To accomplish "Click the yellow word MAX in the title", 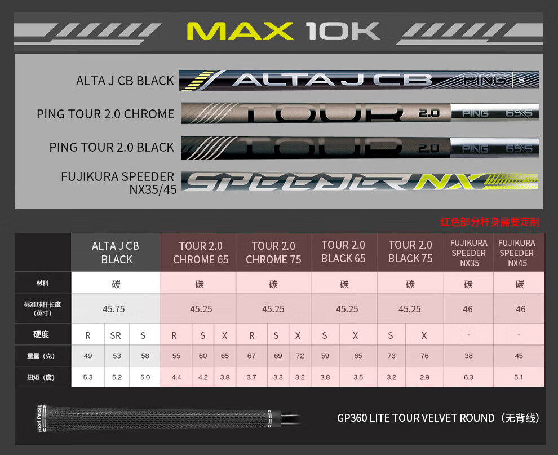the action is [x=240, y=32].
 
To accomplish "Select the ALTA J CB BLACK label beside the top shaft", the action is [x=125, y=81].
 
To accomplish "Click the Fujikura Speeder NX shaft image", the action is [x=360, y=182].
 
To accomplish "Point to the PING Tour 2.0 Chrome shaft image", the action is [x=360, y=113].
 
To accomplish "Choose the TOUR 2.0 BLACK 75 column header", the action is [x=410, y=252].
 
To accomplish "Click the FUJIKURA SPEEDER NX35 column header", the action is [x=469, y=253].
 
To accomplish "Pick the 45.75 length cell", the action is [x=114, y=309].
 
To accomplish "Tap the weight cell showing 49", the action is [x=88, y=356].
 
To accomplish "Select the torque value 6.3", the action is [x=468, y=377].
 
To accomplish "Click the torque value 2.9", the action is [x=424, y=377].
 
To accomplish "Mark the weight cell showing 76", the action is [x=424, y=356].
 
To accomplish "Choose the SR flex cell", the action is [x=116, y=335].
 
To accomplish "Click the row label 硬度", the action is [x=41, y=335].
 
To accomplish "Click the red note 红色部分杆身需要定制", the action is [x=489, y=222].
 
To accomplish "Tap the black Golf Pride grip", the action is [x=152, y=418].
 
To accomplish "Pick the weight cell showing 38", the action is [x=468, y=356].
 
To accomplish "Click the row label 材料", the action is [x=42, y=283].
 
